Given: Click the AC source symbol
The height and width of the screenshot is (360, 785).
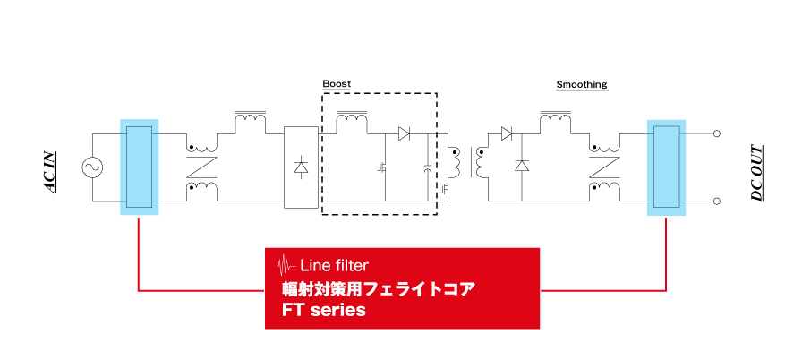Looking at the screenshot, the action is pyautogui.click(x=92, y=167).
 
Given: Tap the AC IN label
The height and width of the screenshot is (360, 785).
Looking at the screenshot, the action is pyautogui.click(x=50, y=172).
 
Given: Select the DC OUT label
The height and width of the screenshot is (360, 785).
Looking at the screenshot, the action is pyautogui.click(x=757, y=173).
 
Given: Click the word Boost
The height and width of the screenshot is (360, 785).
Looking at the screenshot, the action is pyautogui.click(x=337, y=83).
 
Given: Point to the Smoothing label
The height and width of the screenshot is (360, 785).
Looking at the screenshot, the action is pyautogui.click(x=582, y=84).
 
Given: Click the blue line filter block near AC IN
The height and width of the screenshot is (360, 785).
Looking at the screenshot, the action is pyautogui.click(x=139, y=167).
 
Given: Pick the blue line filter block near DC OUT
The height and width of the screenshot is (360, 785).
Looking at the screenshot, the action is pyautogui.click(x=666, y=167).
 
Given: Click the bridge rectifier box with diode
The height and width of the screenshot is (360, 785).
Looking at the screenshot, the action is pyautogui.click(x=301, y=167).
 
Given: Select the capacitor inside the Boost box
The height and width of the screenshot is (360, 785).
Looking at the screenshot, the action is pyautogui.click(x=427, y=167).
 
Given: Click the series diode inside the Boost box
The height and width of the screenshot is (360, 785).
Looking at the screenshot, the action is pyautogui.click(x=405, y=133).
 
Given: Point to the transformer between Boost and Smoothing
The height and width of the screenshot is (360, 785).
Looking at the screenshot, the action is pyautogui.click(x=468, y=163).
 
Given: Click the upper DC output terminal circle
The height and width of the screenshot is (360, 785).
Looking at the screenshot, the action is pyautogui.click(x=716, y=133).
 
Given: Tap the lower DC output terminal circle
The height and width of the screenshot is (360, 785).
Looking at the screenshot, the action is pyautogui.click(x=716, y=201).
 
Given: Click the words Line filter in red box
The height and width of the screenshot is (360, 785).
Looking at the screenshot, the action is pyautogui.click(x=334, y=264).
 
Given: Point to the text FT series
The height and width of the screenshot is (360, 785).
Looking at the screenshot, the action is pyautogui.click(x=323, y=310).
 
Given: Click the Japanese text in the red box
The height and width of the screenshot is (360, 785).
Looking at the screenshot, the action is pyautogui.click(x=378, y=289).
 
